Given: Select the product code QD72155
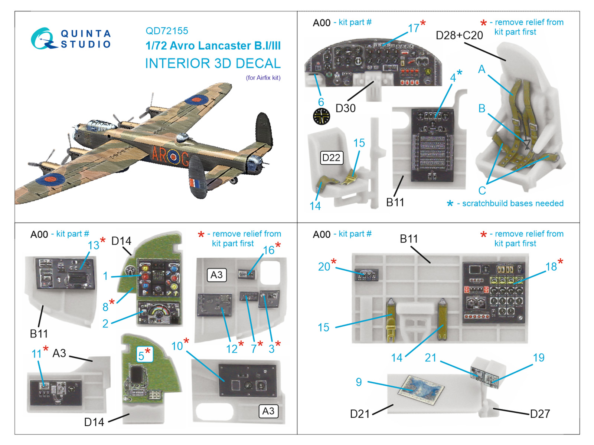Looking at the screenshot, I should point(167,31).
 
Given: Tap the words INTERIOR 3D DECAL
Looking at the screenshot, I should point(213,63).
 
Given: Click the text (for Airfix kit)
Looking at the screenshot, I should point(263,78).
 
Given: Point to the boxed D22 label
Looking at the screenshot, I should point(331,158).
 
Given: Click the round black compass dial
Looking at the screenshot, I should point(322,116).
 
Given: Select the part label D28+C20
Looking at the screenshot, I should point(459,35).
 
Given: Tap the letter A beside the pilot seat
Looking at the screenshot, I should point(482,69).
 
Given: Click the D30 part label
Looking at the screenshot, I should point(345,108).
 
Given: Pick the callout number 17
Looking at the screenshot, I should point(413,28).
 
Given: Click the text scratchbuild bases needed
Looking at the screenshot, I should point(512,203).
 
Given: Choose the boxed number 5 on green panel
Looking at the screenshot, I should point(141,355).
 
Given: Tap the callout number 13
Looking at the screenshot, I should point(94,245).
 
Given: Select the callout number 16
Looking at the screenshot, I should point(269,250).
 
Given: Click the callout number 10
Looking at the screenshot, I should point(177,346).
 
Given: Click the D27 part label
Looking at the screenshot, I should point(540,414).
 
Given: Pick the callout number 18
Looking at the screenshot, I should point(551,267).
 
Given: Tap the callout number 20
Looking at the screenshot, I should point(324,267).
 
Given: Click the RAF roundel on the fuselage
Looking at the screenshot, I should point(173,158).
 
